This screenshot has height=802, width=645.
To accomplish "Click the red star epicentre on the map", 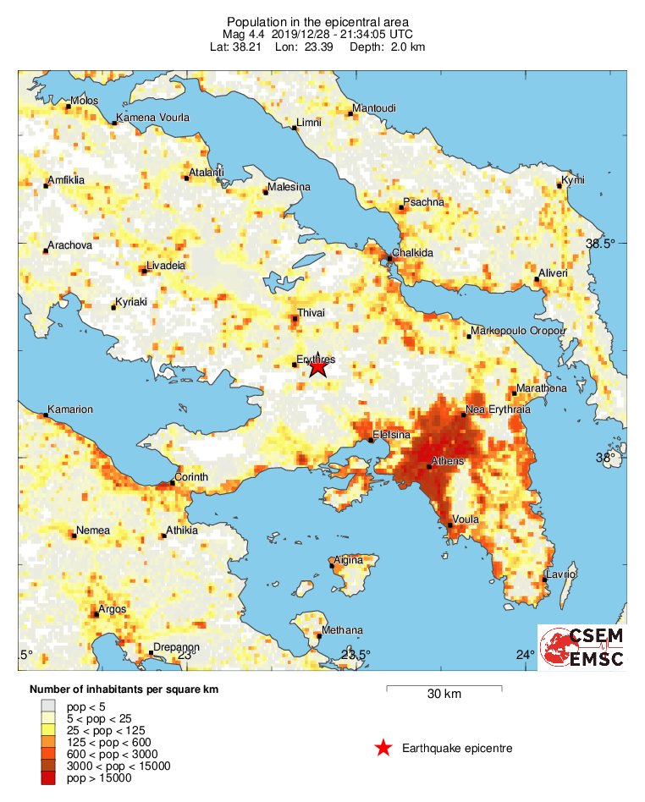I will pos(317,366).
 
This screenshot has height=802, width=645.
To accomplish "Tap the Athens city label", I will pos(448,462).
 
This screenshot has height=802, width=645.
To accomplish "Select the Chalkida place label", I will pos(412,254).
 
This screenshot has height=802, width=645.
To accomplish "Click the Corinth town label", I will pos(191,478).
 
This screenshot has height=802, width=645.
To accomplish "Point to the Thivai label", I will pos(310,313).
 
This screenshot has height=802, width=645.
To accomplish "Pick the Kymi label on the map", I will pos(573,181).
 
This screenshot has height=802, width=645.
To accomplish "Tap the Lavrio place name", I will pos(560,574).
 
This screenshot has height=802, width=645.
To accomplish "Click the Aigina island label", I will pos(348,560).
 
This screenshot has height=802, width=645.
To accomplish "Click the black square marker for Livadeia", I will pos(143,271).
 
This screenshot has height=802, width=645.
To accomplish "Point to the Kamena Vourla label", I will pos(152,118).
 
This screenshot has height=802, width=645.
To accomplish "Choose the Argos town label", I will pos(113,609).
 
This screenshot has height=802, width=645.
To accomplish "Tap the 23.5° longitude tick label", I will pos(356,655).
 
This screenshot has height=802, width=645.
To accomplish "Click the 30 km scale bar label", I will pos(444,695).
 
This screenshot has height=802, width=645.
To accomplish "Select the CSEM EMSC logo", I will pos(582,647).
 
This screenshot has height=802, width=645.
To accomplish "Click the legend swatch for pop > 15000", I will pos(48,778).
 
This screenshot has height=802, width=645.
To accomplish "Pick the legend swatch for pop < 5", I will pos(48,705).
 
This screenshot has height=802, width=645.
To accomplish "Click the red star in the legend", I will pos(383,748).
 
